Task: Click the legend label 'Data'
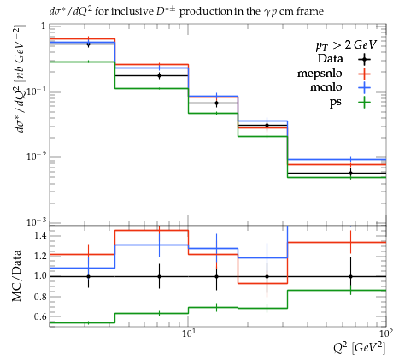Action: pos(330,59)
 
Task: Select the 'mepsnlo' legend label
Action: pos(320,74)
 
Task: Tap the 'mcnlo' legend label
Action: pos(326,87)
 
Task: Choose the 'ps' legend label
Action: pos(336,103)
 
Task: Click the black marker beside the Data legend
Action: pos(364,59)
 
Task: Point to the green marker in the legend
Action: pos(364,103)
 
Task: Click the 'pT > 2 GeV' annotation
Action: pos(346,45)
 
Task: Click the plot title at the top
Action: pos(186,11)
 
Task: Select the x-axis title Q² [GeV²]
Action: pos(360,348)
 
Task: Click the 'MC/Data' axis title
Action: pos(16,275)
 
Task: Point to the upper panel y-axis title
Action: pos(20,79)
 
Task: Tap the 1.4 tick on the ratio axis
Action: pos(40,236)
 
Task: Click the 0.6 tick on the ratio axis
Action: pos(40,316)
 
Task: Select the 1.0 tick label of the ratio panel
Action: pos(40,276)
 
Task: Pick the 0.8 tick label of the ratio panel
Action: pos(40,297)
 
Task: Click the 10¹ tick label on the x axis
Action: pos(188,333)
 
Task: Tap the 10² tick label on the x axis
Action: pos(386,333)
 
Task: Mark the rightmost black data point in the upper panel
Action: pos(350,173)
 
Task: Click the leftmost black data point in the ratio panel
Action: pos(88,276)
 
